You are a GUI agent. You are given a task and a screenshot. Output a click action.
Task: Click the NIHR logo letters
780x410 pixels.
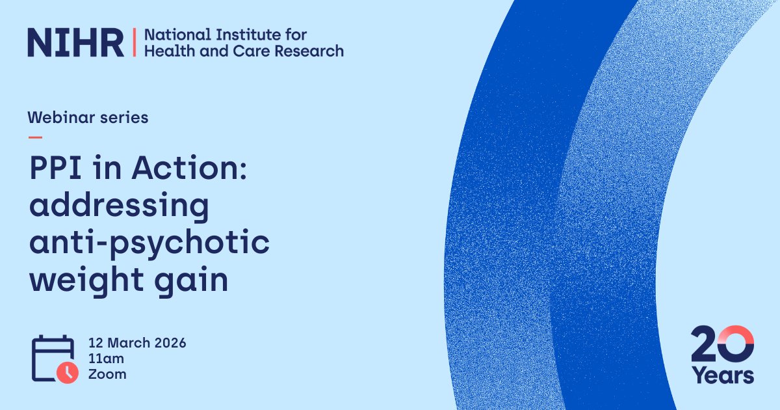tap(75, 42)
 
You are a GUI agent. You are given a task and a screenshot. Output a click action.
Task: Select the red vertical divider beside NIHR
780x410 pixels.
tap(134, 42)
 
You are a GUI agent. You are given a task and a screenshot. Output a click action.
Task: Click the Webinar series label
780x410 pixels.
tap(88, 118)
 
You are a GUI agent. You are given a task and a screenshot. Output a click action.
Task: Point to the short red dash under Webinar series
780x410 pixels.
tap(35, 137)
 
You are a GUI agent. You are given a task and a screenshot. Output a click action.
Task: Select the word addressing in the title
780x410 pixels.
tap(118, 207)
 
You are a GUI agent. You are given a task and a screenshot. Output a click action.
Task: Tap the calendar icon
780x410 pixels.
tap(52, 358)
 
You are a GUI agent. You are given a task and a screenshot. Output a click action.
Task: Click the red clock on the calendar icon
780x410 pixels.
tap(68, 372)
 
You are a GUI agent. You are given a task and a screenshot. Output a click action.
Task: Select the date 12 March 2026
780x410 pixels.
tap(137, 343)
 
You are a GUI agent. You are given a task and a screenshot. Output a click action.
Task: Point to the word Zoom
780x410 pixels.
tap(107, 374)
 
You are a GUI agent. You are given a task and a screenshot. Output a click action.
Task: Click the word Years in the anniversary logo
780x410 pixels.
tap(721, 376)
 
